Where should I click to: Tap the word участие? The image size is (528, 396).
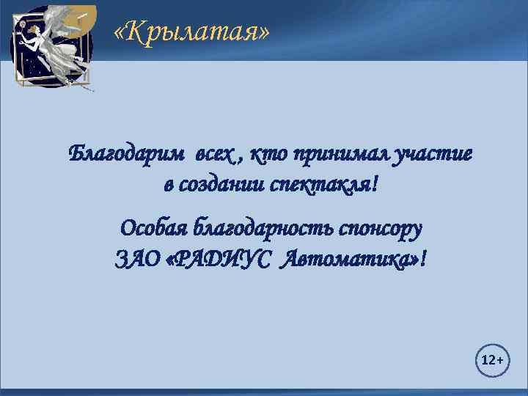[x=433, y=155]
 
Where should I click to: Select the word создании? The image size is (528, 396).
[x=223, y=185]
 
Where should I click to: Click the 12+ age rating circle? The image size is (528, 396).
[x=491, y=361]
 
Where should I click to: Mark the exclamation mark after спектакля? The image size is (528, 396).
[x=377, y=185]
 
